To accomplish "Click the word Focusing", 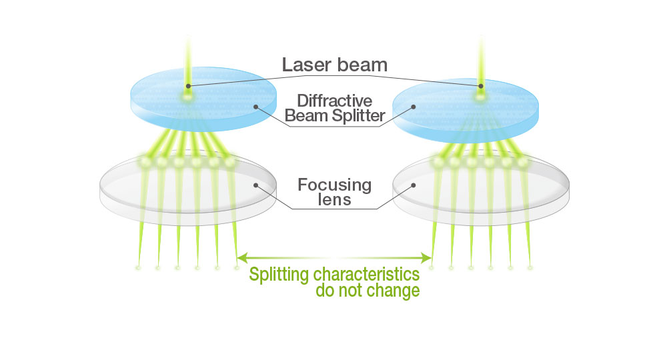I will tap(335, 184).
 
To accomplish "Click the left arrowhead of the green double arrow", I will tap(241, 257).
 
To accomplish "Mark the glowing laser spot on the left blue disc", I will tap(187, 97).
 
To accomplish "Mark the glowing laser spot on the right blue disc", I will tap(480, 97).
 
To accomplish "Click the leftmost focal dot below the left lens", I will tap(138, 268).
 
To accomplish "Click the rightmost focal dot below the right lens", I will tap(530, 268).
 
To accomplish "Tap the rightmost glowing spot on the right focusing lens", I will tap(524, 162).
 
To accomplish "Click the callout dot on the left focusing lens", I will tap(255, 185).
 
